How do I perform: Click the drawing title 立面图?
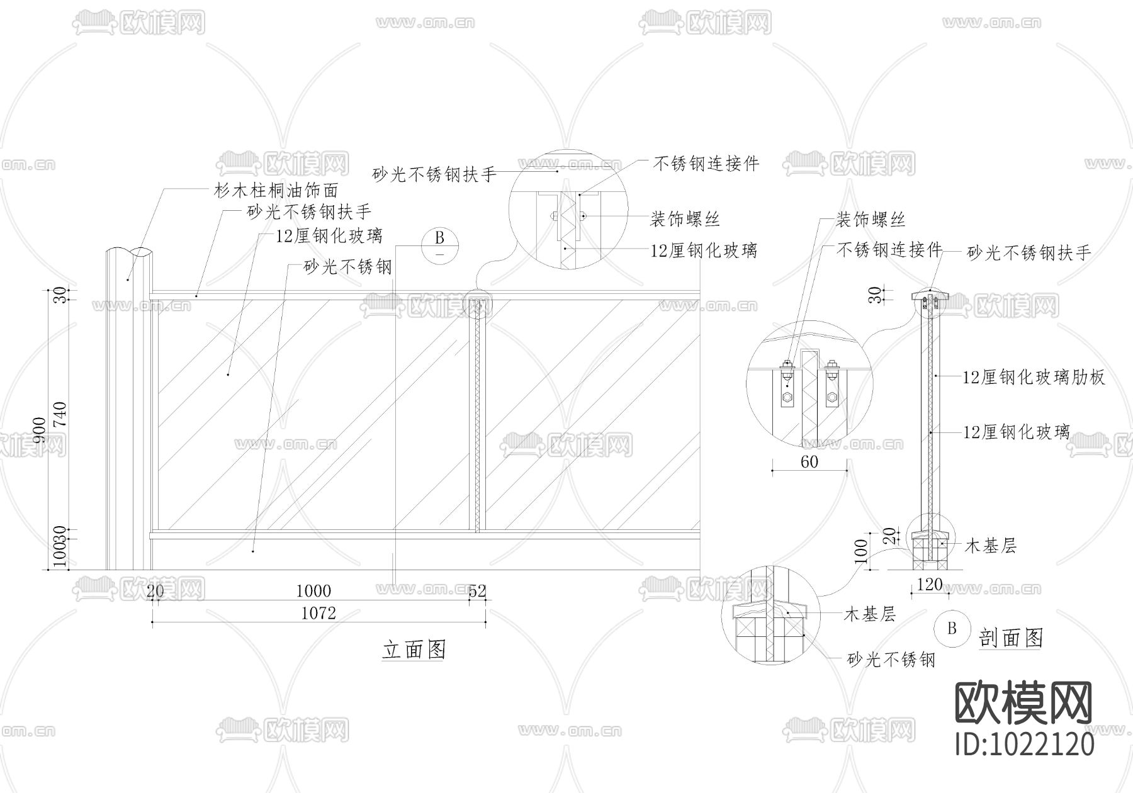[x=414, y=649]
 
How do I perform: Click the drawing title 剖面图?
[x=1011, y=638]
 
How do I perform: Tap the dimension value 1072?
[x=318, y=612]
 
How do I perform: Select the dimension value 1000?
[x=313, y=590]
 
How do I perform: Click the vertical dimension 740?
[x=60, y=415]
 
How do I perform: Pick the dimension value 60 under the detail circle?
[x=809, y=462]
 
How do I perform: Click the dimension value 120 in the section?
[x=929, y=584]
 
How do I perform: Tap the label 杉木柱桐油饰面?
[x=276, y=189]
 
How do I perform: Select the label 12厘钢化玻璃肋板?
[x=1034, y=377]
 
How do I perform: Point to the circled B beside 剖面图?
[x=952, y=628]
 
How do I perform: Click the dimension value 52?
[x=477, y=590]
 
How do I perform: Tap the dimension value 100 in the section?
[x=862, y=551]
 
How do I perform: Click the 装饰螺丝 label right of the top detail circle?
[x=685, y=219]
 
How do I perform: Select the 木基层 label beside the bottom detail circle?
[x=869, y=614]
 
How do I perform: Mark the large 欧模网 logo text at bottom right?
[x=1023, y=703]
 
